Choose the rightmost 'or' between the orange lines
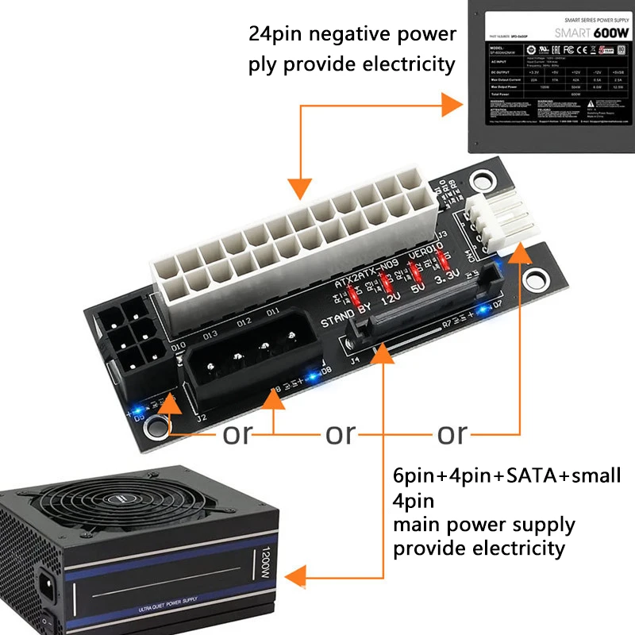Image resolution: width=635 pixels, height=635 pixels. [x=452, y=433]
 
